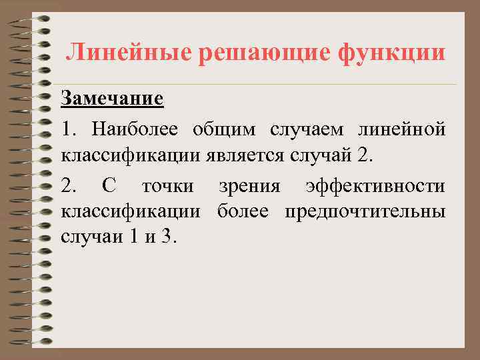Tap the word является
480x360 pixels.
click(253, 156)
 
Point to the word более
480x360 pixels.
click(243, 212)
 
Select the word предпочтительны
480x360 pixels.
click(365, 212)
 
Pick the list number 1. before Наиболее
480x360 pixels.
click(69, 128)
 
